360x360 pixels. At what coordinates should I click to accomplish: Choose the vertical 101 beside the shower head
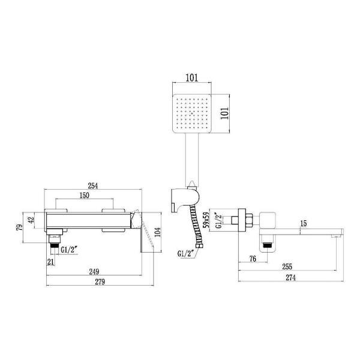tap(226, 114)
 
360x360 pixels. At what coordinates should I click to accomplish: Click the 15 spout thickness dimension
tap(304, 223)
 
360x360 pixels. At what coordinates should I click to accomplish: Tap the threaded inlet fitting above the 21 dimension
tap(55, 244)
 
